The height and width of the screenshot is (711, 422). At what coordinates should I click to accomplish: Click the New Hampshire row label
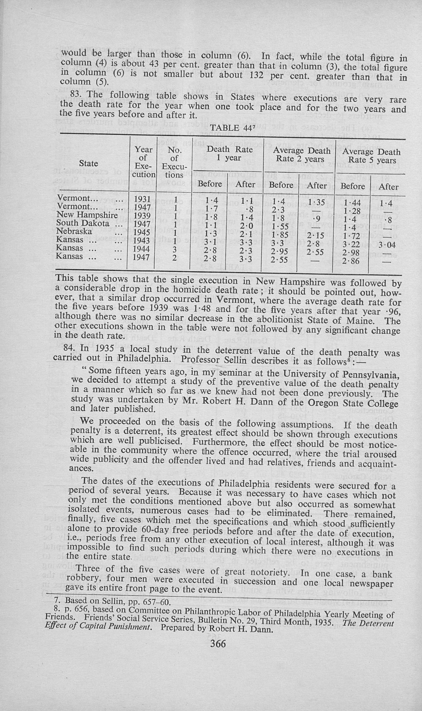tap(87, 215)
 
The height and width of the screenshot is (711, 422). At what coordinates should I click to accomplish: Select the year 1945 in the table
tap(142, 233)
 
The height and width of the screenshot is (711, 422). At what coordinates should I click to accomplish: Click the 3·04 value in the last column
tap(387, 245)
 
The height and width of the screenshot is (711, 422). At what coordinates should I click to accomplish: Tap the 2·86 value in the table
tap(351, 261)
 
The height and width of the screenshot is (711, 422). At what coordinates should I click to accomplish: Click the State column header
tap(88, 163)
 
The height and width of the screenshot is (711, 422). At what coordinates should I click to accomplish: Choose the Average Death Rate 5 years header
tap(371, 156)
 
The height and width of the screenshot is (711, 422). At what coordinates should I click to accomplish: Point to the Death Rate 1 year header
tap(229, 153)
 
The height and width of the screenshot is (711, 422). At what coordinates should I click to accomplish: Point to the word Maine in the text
tap(359, 321)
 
